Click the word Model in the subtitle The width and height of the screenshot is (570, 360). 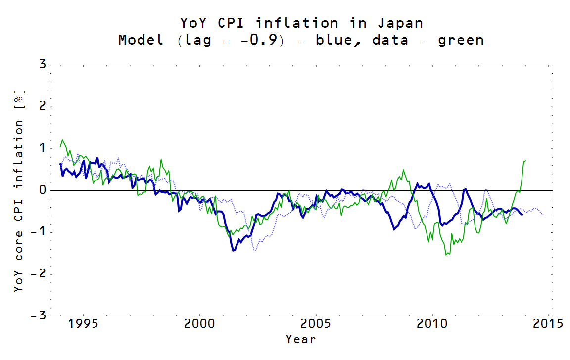141,40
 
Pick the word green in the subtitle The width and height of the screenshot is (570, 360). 461,40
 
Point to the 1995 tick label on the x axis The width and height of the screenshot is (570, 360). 83,324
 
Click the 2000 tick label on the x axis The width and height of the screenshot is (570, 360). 199,324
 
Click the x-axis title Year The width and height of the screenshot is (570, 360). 300,339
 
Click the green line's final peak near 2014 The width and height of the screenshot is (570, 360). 525,161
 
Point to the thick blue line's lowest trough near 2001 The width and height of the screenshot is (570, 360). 234,251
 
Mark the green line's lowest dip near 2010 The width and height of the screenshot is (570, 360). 447,255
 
